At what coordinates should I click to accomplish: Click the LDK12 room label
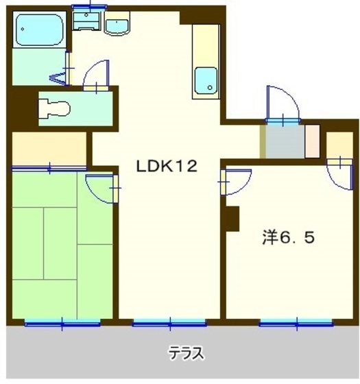(167, 166)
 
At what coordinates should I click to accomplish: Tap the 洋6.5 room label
(288, 237)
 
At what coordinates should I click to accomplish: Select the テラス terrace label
(186, 353)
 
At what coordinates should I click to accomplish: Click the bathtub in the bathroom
(40, 29)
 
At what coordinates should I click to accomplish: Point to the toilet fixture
(54, 108)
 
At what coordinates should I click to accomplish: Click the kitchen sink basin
(206, 81)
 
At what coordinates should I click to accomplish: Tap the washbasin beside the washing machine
(117, 23)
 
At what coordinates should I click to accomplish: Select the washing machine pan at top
(86, 21)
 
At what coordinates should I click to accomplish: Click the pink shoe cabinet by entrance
(312, 141)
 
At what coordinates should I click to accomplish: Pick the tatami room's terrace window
(62, 324)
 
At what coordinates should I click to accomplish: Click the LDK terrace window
(169, 324)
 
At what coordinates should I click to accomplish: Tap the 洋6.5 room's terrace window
(296, 324)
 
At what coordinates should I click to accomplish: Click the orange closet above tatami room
(49, 148)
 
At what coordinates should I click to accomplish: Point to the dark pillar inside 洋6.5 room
(232, 219)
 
